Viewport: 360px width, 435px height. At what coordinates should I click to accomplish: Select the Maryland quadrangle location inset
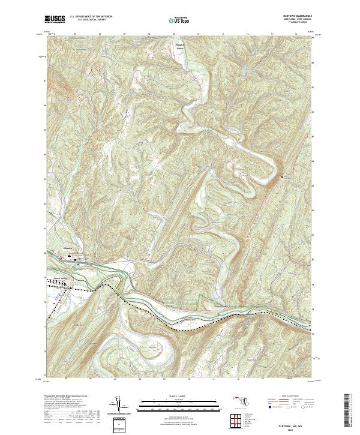point(240,400)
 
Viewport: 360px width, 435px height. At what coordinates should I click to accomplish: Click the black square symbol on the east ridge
point(283,176)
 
